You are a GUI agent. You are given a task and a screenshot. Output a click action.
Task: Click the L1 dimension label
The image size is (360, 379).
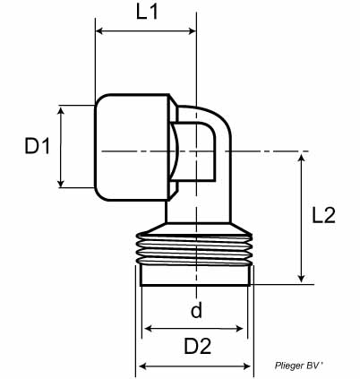[x=147, y=13]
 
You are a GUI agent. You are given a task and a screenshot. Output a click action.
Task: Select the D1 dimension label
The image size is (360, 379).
[x=38, y=146]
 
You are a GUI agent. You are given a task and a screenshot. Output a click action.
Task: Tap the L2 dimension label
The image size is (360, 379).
[x=323, y=215]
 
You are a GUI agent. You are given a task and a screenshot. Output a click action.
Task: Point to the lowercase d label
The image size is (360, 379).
[x=196, y=310]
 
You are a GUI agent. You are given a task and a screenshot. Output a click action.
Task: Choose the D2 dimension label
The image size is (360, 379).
[x=198, y=346]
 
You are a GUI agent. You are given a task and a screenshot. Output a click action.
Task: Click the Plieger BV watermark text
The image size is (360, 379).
[x=298, y=366]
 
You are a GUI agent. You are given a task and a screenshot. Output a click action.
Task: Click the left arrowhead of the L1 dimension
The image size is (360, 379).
[x=99, y=30]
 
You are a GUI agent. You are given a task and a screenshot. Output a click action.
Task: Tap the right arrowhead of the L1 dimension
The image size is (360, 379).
[x=193, y=30]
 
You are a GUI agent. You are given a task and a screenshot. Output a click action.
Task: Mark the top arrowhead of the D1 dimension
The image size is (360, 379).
[x=61, y=111]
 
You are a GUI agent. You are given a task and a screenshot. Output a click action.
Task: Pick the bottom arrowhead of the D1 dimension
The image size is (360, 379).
[x=61, y=183]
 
